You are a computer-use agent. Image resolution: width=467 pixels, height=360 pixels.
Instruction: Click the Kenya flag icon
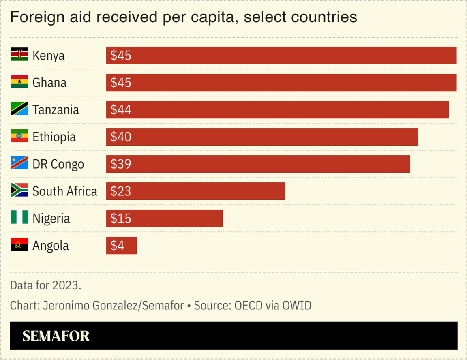click(19, 55)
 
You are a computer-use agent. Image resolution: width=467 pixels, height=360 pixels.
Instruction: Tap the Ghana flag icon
click(19, 82)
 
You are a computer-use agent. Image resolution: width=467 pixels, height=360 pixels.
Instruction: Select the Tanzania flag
click(19, 109)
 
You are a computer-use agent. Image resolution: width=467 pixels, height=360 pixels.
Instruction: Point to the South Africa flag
click(19, 191)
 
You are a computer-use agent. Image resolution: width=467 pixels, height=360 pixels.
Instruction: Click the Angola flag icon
click(19, 245)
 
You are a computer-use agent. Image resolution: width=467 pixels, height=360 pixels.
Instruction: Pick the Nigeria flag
click(19, 218)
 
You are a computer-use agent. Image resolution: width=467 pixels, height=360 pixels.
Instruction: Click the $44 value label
click(121, 110)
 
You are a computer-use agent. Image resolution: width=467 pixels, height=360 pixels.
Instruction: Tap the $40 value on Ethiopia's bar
click(121, 137)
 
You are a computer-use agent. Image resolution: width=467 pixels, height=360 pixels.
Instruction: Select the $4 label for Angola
click(117, 246)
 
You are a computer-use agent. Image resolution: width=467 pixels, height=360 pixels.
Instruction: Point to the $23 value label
click(121, 191)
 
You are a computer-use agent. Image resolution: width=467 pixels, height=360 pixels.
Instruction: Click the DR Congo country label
click(58, 164)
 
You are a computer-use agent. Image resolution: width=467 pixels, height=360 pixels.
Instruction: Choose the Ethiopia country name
click(54, 137)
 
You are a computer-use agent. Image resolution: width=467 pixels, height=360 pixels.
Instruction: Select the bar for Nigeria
click(164, 219)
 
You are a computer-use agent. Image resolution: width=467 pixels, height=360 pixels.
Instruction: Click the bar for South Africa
click(195, 191)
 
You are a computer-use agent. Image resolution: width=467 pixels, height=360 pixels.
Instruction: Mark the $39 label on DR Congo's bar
click(121, 164)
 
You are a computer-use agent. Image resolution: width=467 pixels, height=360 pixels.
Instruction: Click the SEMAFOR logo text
click(56, 336)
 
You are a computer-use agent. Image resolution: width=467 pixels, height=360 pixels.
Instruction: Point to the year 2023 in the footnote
click(66, 285)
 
